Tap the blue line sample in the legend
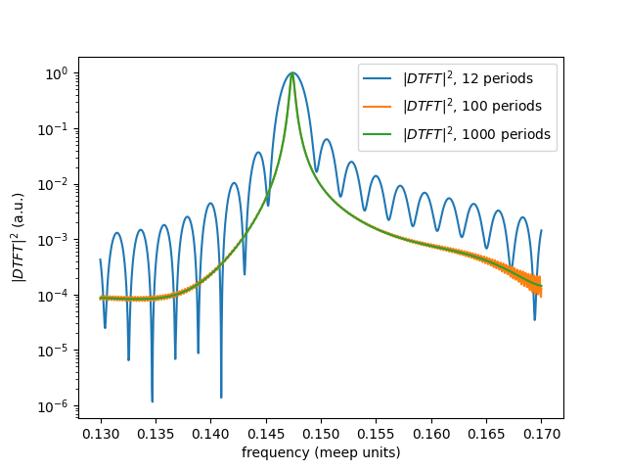[x=380, y=76]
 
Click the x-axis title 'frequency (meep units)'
[x=321, y=452]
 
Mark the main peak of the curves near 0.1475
[x=291, y=73]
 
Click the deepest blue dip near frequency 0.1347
[x=152, y=400]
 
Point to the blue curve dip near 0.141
[x=221, y=396]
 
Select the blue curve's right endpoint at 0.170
[x=541, y=231]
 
